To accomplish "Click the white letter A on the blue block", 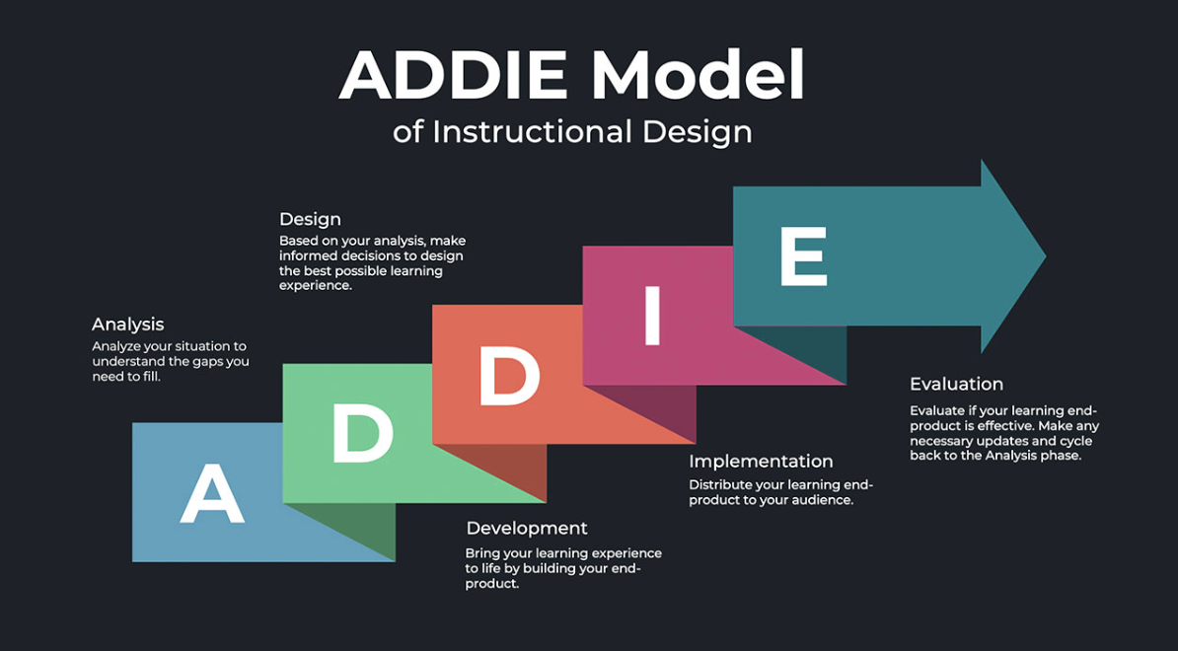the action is [x=212, y=493].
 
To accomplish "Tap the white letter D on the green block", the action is [x=363, y=433].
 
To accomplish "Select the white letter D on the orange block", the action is [x=510, y=376].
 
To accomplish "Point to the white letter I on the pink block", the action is [x=652, y=316].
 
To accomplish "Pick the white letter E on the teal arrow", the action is [x=803, y=256].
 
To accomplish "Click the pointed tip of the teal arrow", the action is [x=1045, y=256].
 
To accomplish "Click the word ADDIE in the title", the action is [x=454, y=76].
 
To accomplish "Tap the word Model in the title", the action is [x=698, y=76].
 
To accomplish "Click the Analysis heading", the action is [x=127, y=325].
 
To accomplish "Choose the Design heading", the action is [x=310, y=219].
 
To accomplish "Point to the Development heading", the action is [x=527, y=528].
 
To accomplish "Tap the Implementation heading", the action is [x=761, y=461].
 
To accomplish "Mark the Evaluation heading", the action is [x=956, y=384].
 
